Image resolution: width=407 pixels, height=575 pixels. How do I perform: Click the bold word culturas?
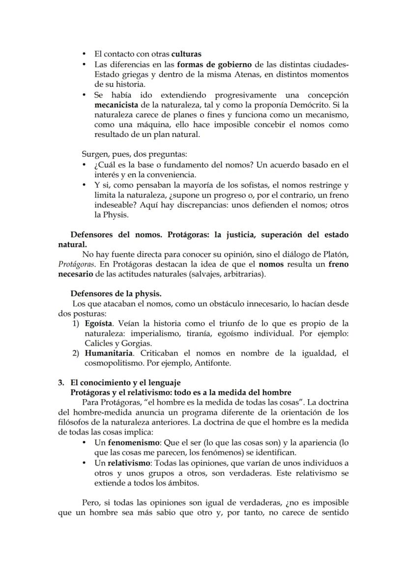click(186, 54)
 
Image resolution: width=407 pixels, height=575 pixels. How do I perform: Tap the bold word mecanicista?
click(116, 105)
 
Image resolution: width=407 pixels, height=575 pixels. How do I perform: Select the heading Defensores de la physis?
click(116, 294)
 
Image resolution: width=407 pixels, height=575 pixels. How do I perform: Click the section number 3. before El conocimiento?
click(61, 383)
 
